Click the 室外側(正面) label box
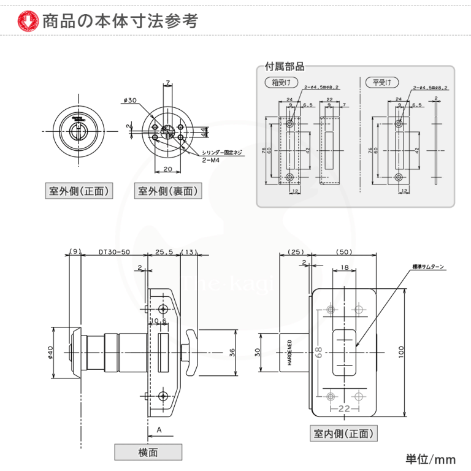(79, 191)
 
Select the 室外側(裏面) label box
(167, 191)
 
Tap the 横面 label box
(148, 452)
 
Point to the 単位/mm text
(431, 459)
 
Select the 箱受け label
(281, 82)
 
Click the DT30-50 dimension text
(113, 252)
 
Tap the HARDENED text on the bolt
(288, 352)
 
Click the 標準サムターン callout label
(429, 267)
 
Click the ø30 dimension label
(129, 101)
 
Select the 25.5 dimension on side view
(163, 252)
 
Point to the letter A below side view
(159, 430)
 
